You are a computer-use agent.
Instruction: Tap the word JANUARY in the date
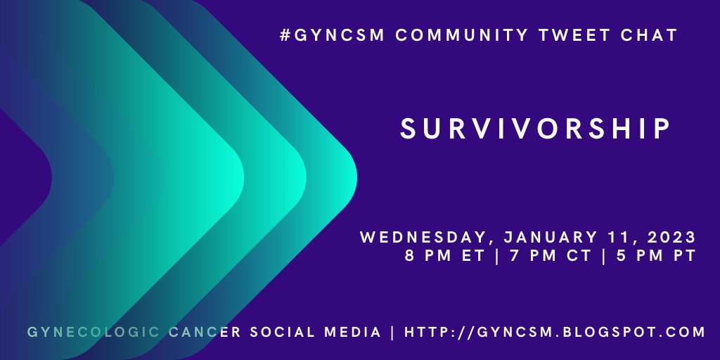coord(541,237)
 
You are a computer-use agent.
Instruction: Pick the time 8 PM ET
coord(444,256)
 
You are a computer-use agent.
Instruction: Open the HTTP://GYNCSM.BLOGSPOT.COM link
coord(555,332)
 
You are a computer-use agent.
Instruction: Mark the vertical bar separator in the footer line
coord(392,332)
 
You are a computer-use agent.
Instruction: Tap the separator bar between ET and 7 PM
coord(497,256)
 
